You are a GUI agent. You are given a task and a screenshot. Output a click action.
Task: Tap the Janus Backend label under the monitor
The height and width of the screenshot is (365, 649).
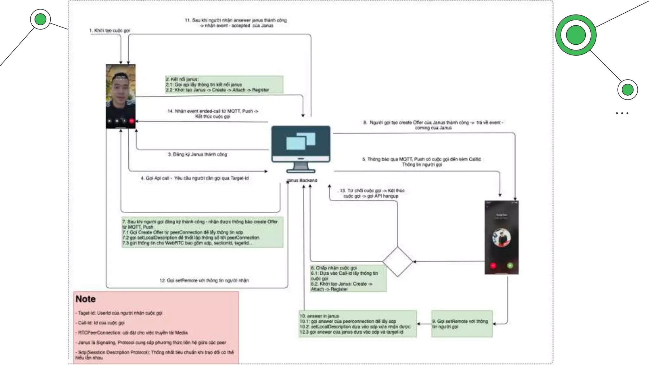pyautogui.click(x=302, y=180)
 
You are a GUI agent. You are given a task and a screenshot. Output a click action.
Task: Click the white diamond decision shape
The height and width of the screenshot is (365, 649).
pyautogui.click(x=398, y=262)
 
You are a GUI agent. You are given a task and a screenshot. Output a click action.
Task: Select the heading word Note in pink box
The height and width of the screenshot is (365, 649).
pyautogui.click(x=86, y=299)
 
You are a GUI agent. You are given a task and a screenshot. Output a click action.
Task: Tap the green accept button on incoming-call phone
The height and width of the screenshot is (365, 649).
pyautogui.click(x=510, y=266)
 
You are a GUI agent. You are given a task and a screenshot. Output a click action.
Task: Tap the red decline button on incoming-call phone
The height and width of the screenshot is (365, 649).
pyautogui.click(x=493, y=266)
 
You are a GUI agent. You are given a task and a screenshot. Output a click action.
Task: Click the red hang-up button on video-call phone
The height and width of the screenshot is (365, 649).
pyautogui.click(x=132, y=121)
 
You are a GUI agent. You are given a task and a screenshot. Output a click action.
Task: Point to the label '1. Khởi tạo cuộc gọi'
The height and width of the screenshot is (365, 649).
pyautogui.click(x=109, y=30)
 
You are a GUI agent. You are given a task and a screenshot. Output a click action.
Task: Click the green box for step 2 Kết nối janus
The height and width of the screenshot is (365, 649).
pyautogui.click(x=224, y=84)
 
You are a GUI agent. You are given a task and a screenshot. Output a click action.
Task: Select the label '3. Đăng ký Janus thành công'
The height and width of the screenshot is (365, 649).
pyautogui.click(x=197, y=154)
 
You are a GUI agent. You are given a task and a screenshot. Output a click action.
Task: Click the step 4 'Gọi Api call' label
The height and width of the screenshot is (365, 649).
pyautogui.click(x=195, y=178)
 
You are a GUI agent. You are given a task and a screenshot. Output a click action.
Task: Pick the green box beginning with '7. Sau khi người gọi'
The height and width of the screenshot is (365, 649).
pyautogui.click(x=202, y=232)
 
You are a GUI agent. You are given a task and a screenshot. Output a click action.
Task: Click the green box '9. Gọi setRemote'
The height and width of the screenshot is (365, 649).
pyautogui.click(x=462, y=324)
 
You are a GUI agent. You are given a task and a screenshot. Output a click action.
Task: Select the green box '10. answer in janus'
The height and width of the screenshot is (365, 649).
pyautogui.click(x=357, y=324)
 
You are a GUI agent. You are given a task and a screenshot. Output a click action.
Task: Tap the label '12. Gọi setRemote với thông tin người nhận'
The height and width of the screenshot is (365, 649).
pyautogui.click(x=204, y=280)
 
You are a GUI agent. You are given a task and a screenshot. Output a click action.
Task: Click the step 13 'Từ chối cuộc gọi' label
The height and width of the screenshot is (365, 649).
pyautogui.click(x=372, y=193)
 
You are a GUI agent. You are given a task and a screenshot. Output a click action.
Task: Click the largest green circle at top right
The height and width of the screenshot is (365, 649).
pyautogui.click(x=576, y=35)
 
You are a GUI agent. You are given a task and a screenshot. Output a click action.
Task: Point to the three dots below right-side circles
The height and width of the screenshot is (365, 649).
pyautogui.click(x=622, y=113)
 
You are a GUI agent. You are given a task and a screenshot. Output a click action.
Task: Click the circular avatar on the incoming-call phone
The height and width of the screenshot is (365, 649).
pyautogui.click(x=501, y=238)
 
